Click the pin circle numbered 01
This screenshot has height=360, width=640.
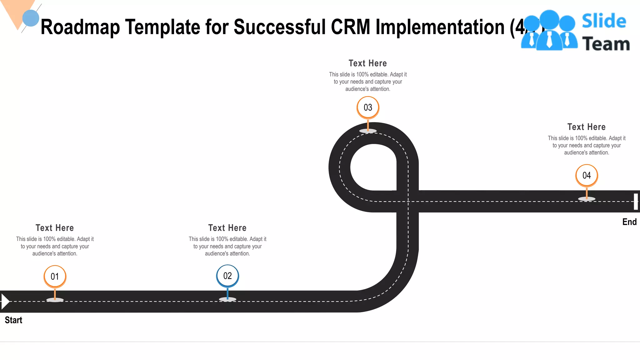tap(55, 276)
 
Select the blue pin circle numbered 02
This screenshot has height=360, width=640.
tap(227, 276)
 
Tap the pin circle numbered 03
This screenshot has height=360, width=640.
tap(368, 107)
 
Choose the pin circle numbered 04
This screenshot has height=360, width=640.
tap(587, 175)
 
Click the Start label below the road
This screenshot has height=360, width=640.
tap(13, 320)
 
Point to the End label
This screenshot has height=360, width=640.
tap(629, 222)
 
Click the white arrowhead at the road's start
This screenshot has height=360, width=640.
tap(5, 301)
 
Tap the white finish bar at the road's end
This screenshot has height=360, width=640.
tap(636, 202)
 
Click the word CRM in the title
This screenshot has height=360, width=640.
tap(350, 27)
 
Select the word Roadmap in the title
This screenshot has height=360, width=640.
tap(80, 27)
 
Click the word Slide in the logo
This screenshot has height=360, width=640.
tap(604, 21)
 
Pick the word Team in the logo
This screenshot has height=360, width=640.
tap(606, 44)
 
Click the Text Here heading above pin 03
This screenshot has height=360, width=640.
tap(368, 63)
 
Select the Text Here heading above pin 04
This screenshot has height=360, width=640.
tap(587, 127)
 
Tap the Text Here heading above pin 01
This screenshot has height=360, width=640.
tap(55, 228)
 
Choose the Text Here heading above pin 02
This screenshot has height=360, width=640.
tap(227, 228)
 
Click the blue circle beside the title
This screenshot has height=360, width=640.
tap(31, 18)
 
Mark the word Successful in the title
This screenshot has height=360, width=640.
tap(280, 27)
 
